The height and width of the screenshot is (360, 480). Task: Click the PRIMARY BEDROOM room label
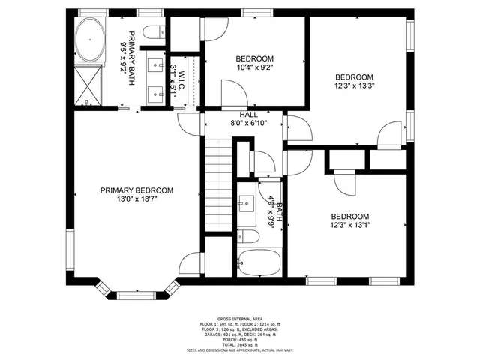click(136, 190)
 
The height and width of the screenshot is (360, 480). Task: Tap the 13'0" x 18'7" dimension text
click(136, 201)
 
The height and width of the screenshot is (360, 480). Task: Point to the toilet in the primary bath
click(154, 31)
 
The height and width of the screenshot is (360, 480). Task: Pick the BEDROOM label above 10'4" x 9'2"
click(255, 58)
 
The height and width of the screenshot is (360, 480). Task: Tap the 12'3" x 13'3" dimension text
click(353, 85)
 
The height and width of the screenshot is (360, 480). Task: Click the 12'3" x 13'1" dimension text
click(350, 225)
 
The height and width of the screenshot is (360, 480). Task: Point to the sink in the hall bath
click(247, 203)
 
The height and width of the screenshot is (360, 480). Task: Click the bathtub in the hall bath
click(259, 263)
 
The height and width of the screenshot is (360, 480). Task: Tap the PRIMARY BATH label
click(132, 58)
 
